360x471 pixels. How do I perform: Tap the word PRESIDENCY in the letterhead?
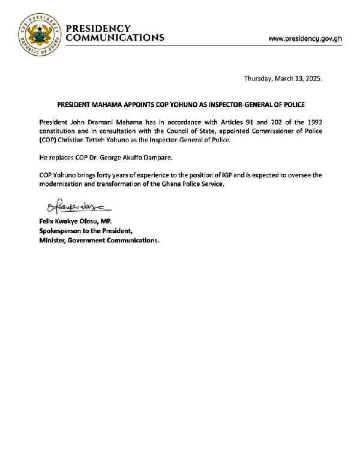(x=98, y=29)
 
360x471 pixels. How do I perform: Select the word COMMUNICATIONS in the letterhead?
(x=114, y=38)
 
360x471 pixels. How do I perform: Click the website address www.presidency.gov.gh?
(x=305, y=38)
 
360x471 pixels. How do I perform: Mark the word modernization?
(x=62, y=184)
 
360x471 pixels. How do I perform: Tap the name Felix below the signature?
(x=48, y=221)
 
